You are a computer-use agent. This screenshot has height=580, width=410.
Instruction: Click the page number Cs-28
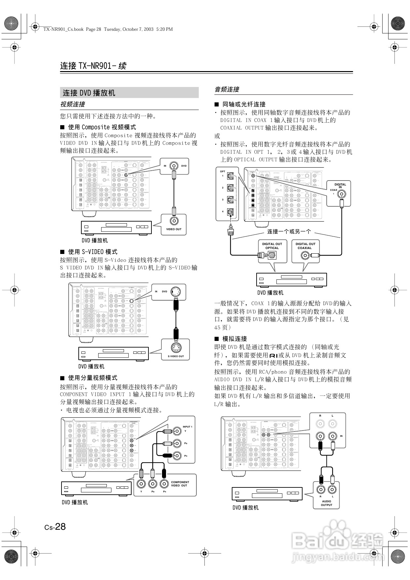[x=55, y=527]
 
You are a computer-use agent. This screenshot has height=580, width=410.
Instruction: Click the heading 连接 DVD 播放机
[x=89, y=93]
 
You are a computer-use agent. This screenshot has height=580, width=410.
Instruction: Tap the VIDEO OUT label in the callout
[x=174, y=229]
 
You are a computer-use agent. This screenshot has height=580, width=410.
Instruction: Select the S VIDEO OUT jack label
[x=176, y=356]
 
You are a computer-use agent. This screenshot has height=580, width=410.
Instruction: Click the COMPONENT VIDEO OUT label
[x=180, y=484]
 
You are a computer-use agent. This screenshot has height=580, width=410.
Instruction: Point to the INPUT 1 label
[x=187, y=427]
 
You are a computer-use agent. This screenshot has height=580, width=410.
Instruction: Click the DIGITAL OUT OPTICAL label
[x=272, y=246]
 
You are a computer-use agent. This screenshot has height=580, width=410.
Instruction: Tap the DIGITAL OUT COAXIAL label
[x=305, y=246]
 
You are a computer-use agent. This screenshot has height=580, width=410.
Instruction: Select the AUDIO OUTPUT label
[x=326, y=503]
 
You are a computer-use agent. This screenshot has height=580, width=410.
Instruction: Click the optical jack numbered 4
[x=231, y=212]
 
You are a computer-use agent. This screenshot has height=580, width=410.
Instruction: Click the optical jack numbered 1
[x=231, y=176]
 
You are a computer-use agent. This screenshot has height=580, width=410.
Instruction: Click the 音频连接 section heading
[x=227, y=89]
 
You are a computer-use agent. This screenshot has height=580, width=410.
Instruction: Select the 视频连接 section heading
[x=72, y=104]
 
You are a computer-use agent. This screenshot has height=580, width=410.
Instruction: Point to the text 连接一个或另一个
[x=289, y=231]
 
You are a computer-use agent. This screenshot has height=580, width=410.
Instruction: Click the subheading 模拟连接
[x=234, y=339]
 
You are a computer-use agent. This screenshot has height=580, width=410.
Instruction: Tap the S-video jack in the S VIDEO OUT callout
[x=176, y=348]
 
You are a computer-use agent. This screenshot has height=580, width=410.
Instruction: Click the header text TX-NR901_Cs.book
[x=63, y=29]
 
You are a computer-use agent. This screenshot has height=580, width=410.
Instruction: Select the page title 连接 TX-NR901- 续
[x=93, y=66]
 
